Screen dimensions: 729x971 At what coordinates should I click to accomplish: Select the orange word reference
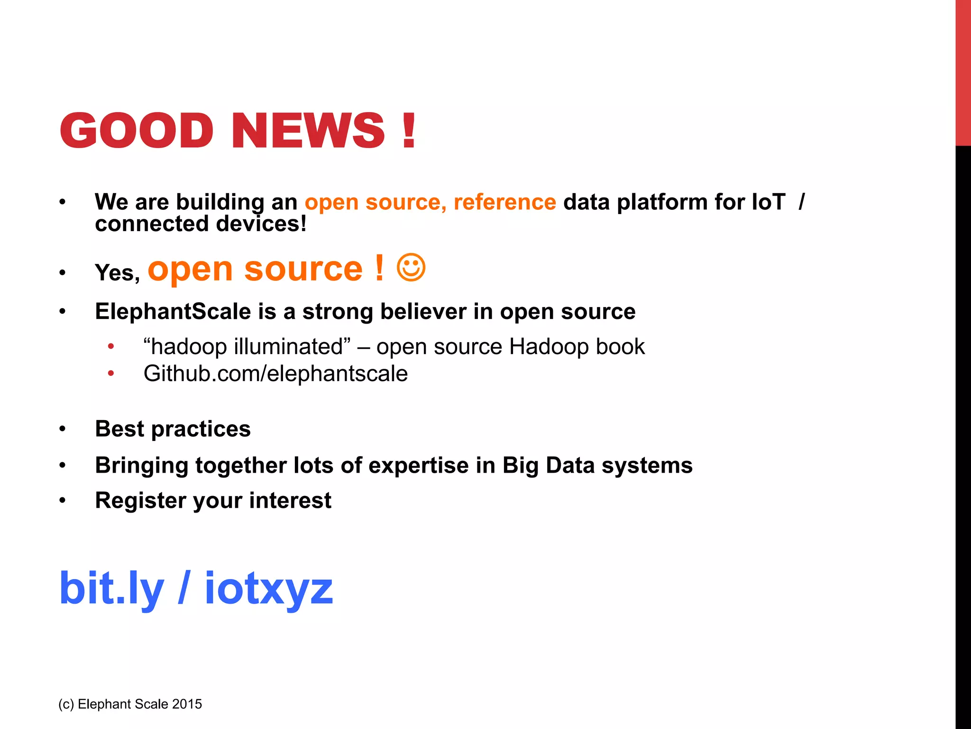[x=504, y=202]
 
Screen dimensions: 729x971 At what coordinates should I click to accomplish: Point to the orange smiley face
[x=411, y=268]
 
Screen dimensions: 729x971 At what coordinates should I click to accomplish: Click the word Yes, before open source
[x=117, y=273]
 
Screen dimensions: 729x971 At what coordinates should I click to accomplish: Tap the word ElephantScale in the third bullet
[x=173, y=312]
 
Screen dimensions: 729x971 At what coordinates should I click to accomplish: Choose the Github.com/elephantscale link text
[x=275, y=374]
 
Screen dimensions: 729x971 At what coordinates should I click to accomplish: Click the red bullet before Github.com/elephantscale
[x=111, y=374]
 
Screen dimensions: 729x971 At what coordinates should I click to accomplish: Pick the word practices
[x=201, y=429]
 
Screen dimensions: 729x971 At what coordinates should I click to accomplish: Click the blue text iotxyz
[x=268, y=589]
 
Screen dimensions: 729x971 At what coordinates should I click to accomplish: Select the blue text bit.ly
[x=111, y=589]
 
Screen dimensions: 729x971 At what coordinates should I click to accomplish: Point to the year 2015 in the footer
[x=187, y=704]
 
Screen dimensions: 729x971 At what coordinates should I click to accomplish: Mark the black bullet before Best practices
[x=63, y=429]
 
